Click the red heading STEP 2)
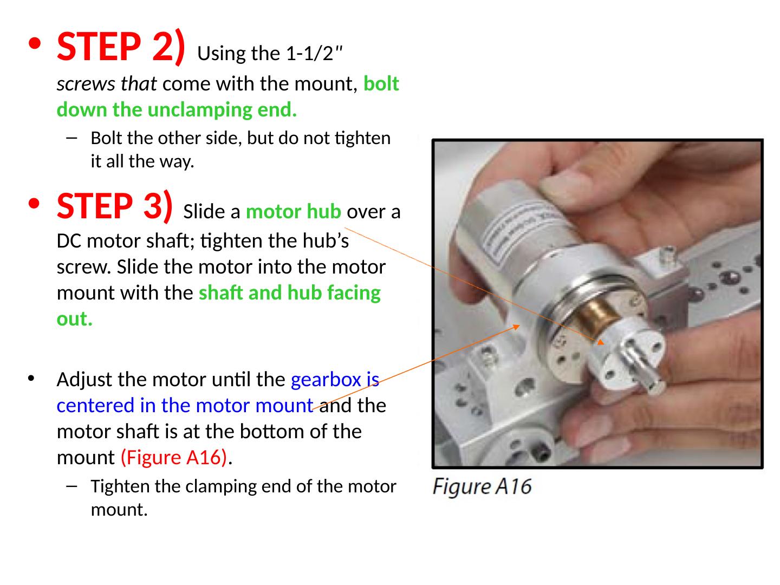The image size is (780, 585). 121,47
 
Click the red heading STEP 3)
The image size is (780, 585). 115,206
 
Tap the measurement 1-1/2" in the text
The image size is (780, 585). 314,53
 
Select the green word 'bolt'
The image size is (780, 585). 381,84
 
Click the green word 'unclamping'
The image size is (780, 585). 199,110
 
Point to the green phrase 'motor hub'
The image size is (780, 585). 294,211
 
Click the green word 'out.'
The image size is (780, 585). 74,318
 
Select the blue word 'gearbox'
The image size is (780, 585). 326,380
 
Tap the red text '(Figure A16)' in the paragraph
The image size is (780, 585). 174,457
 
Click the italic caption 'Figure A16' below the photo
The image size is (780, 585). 482,486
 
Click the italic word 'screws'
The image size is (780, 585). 86,84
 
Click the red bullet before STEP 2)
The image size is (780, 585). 35,44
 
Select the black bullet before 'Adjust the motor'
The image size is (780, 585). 31,379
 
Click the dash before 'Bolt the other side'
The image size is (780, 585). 71,138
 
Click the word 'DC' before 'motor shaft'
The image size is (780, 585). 69,241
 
